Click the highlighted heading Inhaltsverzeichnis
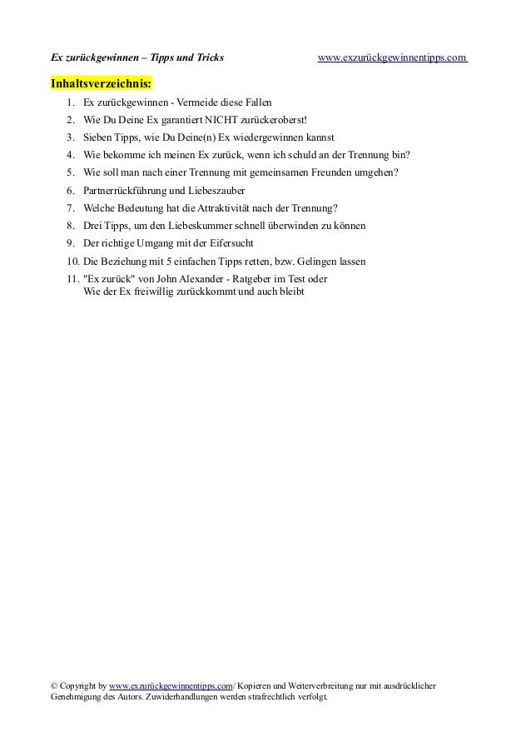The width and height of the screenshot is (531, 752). (x=102, y=84)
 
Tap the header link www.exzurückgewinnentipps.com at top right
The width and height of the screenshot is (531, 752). (x=393, y=57)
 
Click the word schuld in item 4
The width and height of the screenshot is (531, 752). (x=301, y=155)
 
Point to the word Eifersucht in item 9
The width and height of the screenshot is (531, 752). (x=251, y=243)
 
